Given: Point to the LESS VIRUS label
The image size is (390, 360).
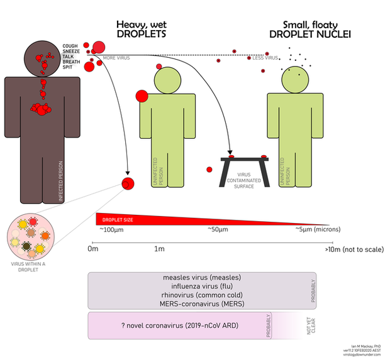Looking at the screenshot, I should coord(265,58).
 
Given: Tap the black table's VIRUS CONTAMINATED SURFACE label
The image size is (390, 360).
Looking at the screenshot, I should coord(245,178).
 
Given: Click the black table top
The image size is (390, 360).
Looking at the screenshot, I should coord(245,160).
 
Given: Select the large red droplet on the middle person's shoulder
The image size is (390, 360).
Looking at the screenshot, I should coord(142,95).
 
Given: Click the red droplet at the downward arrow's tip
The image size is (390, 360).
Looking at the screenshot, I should coord(128,183).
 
